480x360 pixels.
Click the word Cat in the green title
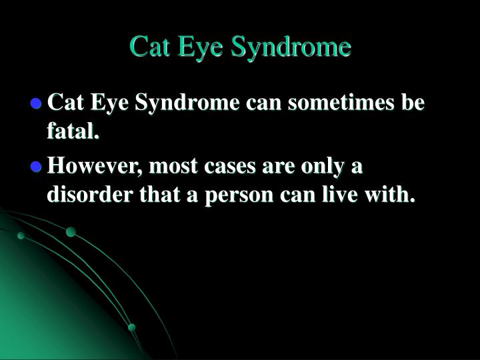(149, 47)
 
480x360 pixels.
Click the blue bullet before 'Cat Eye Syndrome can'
(36, 103)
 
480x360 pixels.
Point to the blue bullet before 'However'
(36, 167)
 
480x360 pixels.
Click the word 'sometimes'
(341, 102)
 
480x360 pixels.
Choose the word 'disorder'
(90, 195)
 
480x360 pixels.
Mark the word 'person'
(239, 196)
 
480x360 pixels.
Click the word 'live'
(339, 194)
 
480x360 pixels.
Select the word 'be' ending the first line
(413, 101)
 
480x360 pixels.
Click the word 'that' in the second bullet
(159, 195)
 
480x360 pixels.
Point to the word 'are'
(278, 167)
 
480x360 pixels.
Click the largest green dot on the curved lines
(71, 232)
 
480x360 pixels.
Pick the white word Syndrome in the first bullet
(187, 103)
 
